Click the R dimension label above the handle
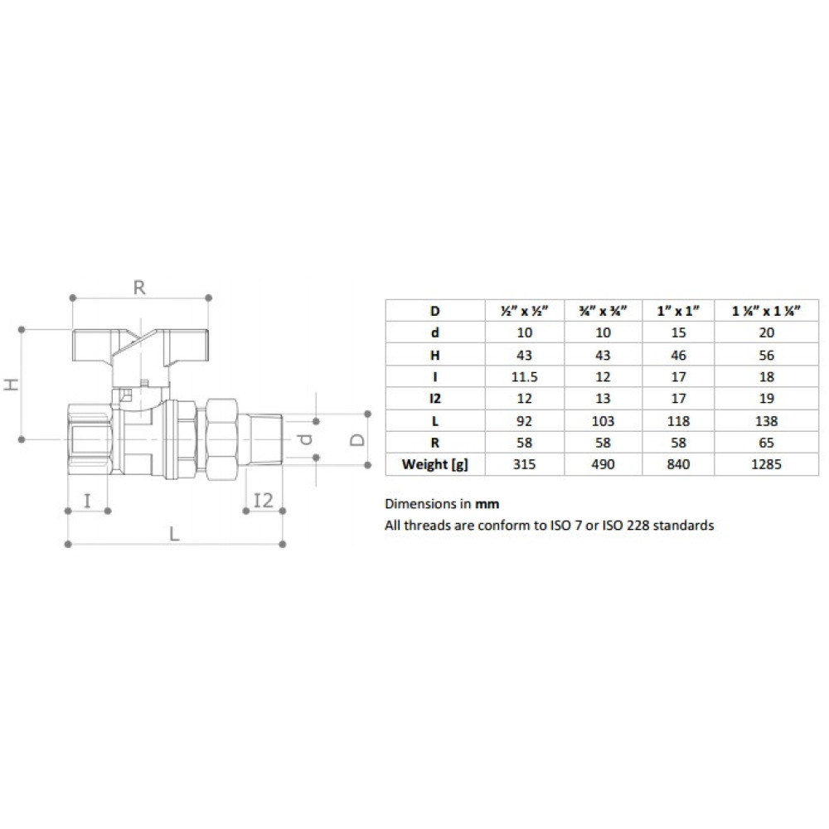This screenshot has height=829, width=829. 139,288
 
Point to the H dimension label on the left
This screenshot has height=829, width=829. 12,384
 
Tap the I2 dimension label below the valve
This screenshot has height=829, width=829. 264,500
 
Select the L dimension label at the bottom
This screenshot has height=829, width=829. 174,534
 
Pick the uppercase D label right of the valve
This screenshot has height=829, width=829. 358,440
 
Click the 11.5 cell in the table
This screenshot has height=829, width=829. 524,377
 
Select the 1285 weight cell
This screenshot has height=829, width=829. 766,464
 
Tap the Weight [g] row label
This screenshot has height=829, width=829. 434,465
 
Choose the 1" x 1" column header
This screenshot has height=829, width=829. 678,311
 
